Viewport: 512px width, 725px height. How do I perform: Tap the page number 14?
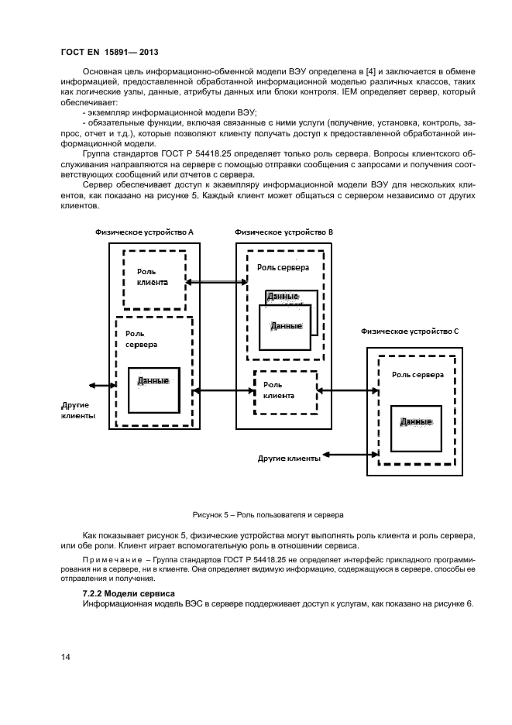pos(66,658)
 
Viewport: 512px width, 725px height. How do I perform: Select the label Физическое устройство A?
pos(144,232)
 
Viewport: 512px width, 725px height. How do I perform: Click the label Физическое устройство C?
pos(410,331)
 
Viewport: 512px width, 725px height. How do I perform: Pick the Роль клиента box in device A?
pos(154,279)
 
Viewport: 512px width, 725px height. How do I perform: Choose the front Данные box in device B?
pos(285,329)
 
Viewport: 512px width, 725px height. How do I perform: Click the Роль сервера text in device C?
pos(418,374)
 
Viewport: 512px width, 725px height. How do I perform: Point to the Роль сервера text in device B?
pos(283,267)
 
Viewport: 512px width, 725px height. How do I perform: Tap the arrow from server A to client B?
pos(223,391)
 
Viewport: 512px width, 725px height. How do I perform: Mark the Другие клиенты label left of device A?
pos(78,410)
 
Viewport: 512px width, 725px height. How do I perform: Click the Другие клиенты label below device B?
pos(289,459)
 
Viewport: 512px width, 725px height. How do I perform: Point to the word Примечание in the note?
pos(108,559)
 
